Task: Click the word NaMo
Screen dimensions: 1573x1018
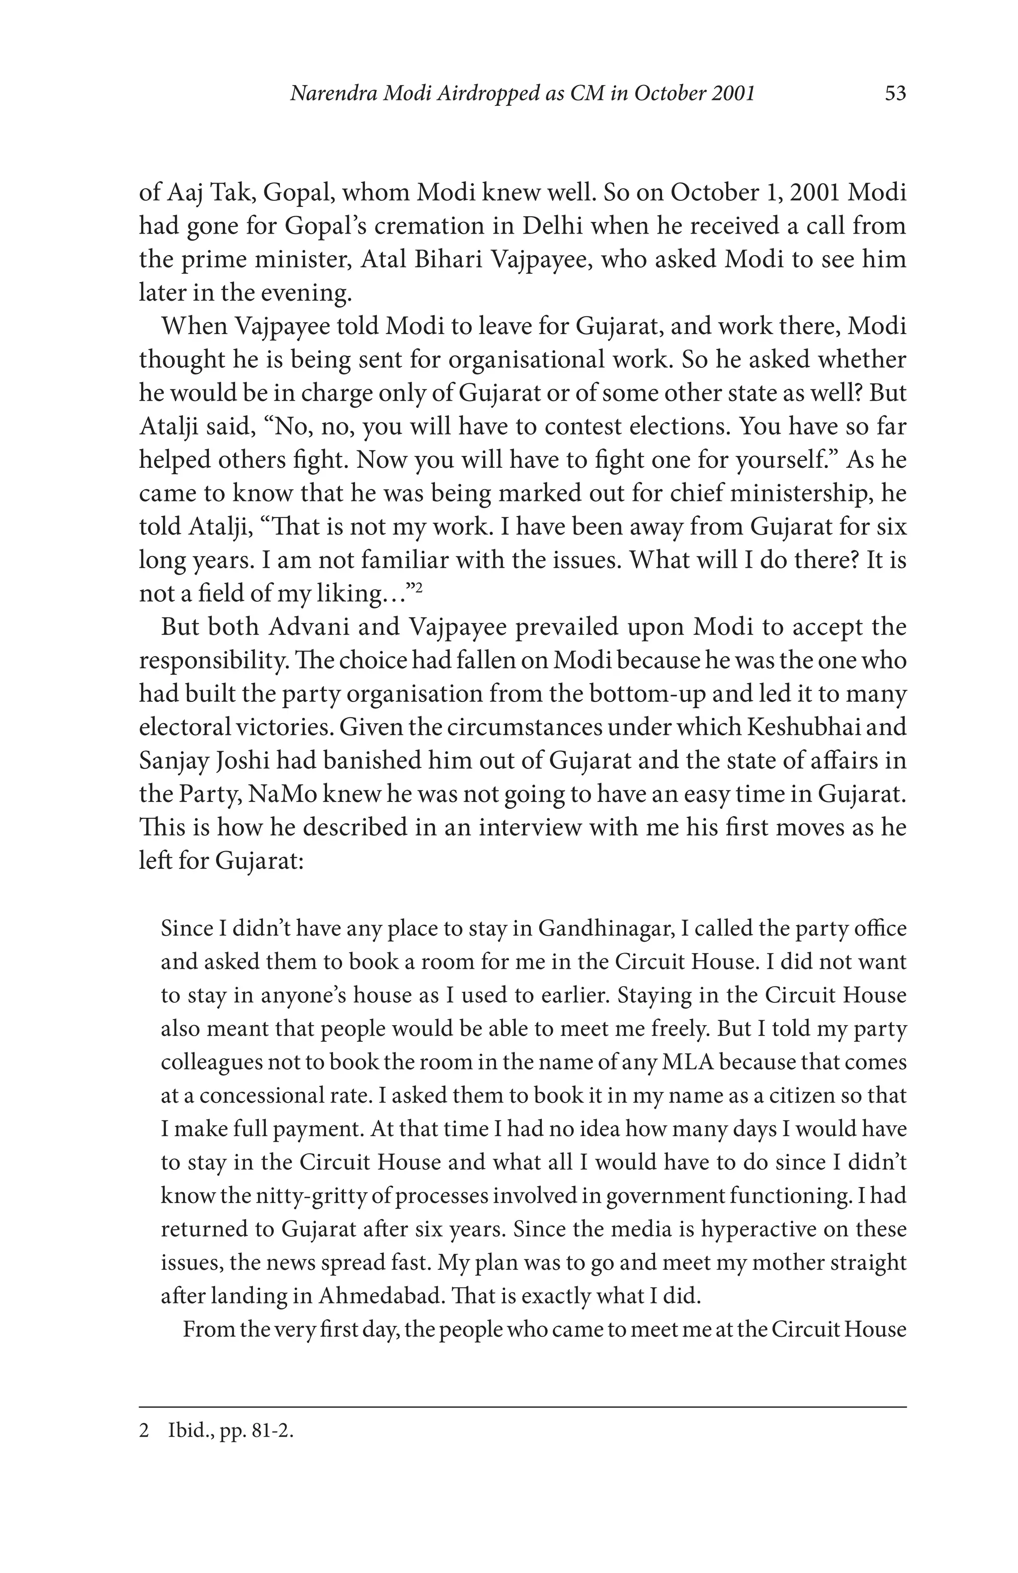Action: click(280, 794)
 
